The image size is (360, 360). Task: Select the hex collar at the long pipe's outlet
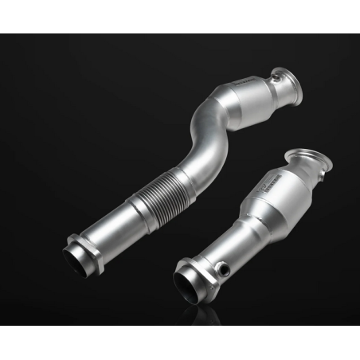(x=85, y=243)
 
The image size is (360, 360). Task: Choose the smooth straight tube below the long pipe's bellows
(x=115, y=227)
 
